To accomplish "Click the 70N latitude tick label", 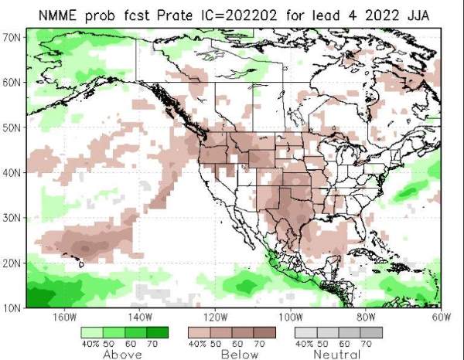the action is coord(12,38).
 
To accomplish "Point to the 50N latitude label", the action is coord(12,128).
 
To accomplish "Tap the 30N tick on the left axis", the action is coord(12,218).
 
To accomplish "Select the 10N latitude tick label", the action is coord(12,308).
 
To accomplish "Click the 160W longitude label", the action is coord(64,318).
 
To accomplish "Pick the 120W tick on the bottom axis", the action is coord(216,318).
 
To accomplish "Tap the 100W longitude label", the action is coord(292,318).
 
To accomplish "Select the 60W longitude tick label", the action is coord(442,318).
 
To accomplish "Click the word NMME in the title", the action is coord(57,15).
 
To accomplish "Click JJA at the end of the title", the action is coord(418,15).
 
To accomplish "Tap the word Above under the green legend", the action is coord(122,355).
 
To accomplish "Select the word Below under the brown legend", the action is coord(240,355).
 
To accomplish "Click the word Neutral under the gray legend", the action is coord(336,355).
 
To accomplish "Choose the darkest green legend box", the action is coord(158,332).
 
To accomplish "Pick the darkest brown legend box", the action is coord(264,332).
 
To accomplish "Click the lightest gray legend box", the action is coord(306,332).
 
